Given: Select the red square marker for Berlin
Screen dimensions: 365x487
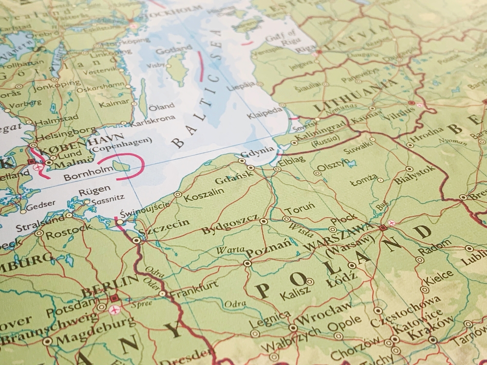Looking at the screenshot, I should tap(114, 298).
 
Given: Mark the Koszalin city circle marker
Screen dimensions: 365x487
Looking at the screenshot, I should tap(178, 195).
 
